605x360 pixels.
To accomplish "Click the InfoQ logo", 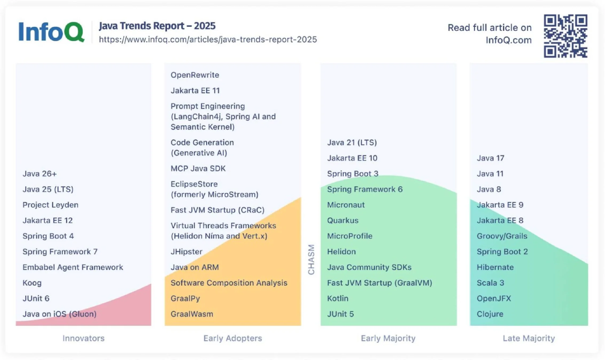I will [51, 32].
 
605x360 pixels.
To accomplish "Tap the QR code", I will [565, 36].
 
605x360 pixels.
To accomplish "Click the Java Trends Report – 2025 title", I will [157, 26].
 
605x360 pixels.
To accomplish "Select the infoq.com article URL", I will [208, 39].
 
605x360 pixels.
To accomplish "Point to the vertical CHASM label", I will [311, 259].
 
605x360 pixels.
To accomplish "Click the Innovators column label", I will [84, 338].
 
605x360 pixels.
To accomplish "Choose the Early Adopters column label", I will [233, 338].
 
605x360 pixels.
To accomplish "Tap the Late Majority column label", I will [529, 338].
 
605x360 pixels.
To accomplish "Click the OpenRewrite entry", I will [195, 75].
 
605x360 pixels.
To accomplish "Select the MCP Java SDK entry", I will [198, 169].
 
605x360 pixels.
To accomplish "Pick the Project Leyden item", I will [50, 205].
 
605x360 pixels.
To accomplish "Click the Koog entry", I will [32, 283].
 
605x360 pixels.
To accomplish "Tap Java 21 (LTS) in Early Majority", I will [352, 142].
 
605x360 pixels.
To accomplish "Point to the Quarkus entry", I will [343, 220].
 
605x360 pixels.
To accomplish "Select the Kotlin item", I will [337, 298].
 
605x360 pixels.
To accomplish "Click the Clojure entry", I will [490, 314].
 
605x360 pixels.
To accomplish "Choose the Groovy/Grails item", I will [502, 236].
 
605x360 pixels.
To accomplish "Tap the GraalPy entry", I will [185, 298].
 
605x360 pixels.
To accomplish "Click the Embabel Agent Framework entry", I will [73, 267].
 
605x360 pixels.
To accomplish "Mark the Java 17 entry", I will [490, 158].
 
